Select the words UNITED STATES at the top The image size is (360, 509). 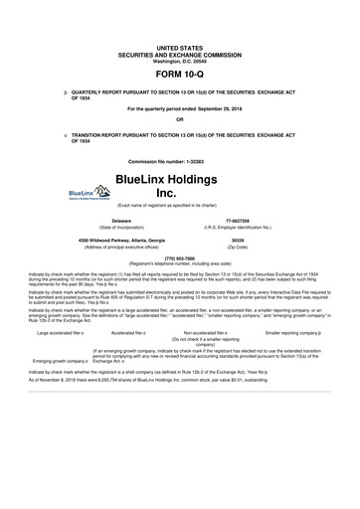(180, 47)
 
